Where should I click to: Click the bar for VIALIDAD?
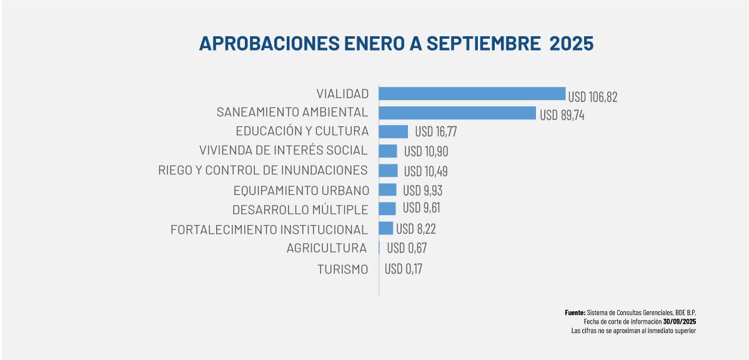click(472, 94)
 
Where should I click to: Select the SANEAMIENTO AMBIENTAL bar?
click(457, 113)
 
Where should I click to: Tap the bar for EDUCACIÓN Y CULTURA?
click(393, 132)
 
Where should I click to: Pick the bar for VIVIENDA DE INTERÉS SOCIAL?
click(388, 151)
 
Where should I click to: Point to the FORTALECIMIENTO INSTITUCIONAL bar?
click(385, 228)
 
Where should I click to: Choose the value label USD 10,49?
click(425, 171)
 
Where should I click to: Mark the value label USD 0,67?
click(407, 248)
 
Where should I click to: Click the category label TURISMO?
click(342, 270)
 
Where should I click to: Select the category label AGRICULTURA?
click(327, 248)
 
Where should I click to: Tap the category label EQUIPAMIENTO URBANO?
click(301, 190)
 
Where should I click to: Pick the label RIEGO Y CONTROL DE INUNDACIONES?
click(263, 170)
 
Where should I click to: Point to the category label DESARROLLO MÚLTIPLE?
click(300, 209)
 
